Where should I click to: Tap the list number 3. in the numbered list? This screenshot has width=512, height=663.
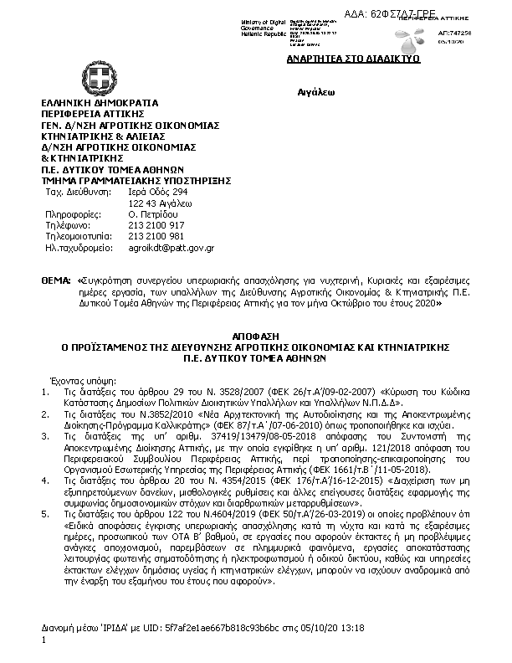coord(45,436)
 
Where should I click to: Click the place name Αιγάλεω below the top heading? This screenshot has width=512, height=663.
coord(315,90)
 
